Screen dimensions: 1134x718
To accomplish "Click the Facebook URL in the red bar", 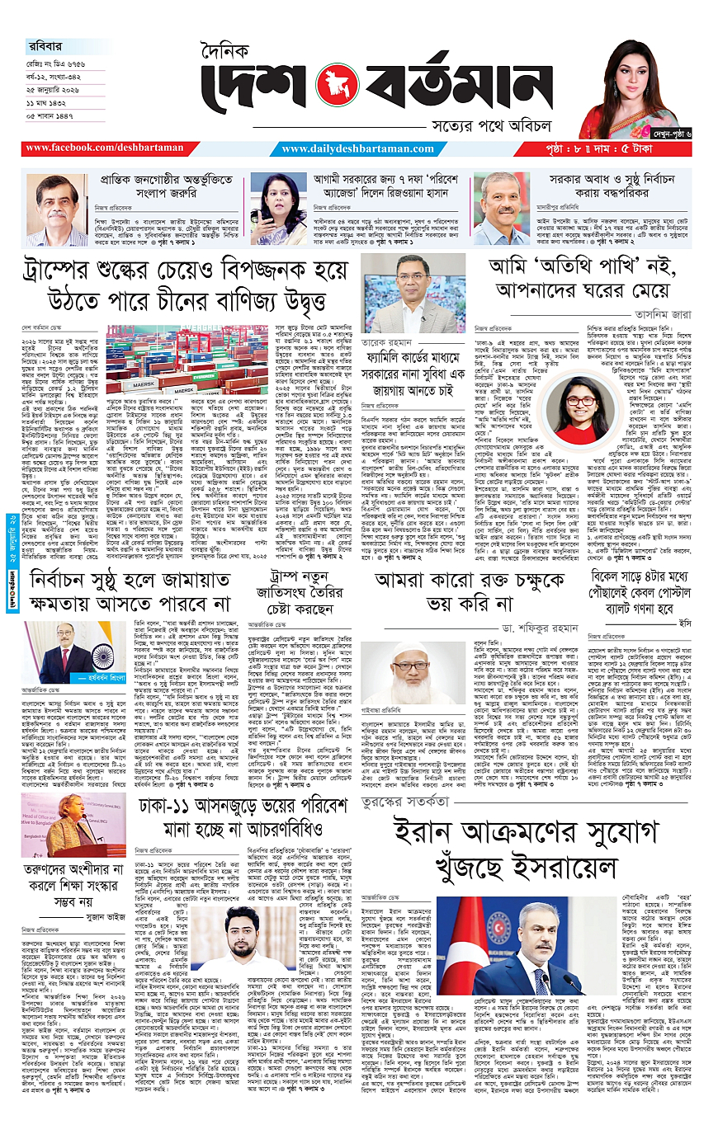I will click(105, 148).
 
